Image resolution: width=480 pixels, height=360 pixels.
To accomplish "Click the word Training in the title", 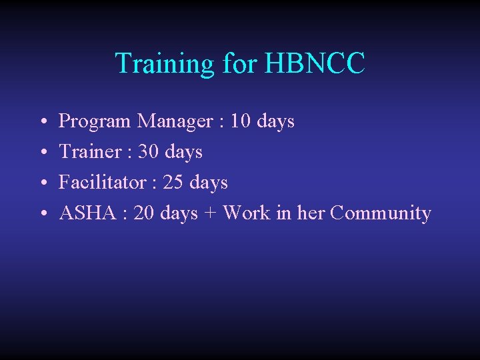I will tap(163, 63).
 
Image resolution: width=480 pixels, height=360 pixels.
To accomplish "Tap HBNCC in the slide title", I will tap(315, 63).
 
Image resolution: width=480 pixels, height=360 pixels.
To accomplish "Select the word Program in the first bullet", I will tap(95, 121).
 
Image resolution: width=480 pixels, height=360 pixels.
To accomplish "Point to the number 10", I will tap(241, 121).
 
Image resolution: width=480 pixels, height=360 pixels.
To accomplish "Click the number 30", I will tap(149, 152).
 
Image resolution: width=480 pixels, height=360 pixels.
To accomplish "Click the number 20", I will tap(145, 213).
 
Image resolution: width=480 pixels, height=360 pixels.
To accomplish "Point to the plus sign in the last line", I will tap(210, 213).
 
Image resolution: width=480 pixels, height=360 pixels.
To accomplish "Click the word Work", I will tap(247, 213).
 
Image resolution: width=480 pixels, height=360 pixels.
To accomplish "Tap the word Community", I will tap(381, 213).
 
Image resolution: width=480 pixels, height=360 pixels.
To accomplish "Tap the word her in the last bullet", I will tap(311, 213).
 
